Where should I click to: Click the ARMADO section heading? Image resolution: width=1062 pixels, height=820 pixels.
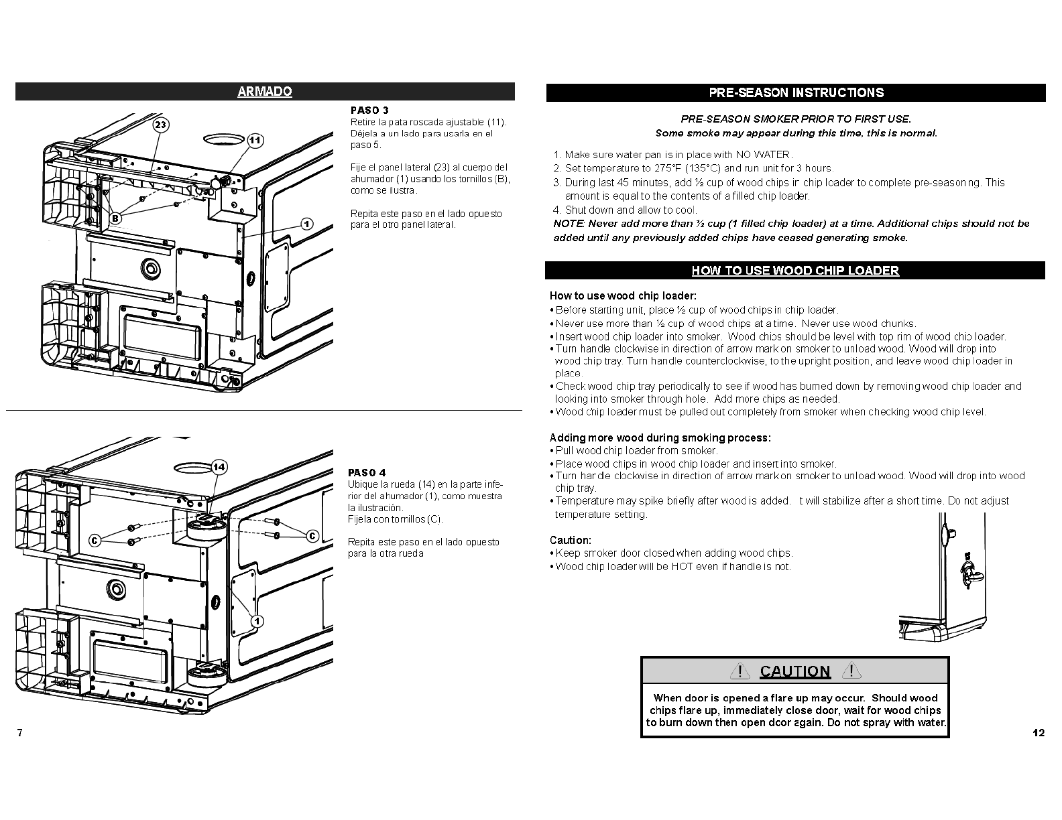(x=265, y=91)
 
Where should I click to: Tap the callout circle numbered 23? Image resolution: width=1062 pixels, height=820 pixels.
(x=160, y=125)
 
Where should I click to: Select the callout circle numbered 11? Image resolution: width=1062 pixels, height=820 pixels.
(x=255, y=141)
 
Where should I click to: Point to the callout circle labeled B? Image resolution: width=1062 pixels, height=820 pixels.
(x=115, y=218)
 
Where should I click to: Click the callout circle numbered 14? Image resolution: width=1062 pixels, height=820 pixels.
(x=219, y=467)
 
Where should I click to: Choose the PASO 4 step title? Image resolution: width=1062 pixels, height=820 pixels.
(x=367, y=472)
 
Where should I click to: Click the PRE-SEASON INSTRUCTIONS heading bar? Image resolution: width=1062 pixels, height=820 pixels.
(x=796, y=92)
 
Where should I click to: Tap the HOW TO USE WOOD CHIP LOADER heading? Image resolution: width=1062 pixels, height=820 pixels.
(x=795, y=271)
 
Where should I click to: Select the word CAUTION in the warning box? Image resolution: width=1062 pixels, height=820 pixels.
(x=795, y=671)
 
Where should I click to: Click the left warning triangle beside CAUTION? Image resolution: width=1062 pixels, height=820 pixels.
(x=740, y=671)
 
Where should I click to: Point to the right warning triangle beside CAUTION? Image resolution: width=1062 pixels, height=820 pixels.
(x=851, y=671)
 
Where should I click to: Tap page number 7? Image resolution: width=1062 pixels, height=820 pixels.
(x=20, y=732)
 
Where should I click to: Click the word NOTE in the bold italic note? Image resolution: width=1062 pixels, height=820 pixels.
(x=569, y=224)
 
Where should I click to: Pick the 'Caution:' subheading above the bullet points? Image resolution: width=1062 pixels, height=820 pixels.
(x=571, y=540)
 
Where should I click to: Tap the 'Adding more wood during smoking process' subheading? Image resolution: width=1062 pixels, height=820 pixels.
(x=660, y=437)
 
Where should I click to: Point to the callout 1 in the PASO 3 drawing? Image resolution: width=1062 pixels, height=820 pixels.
(x=306, y=224)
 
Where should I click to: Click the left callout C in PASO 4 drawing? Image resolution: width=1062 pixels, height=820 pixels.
(x=95, y=541)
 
